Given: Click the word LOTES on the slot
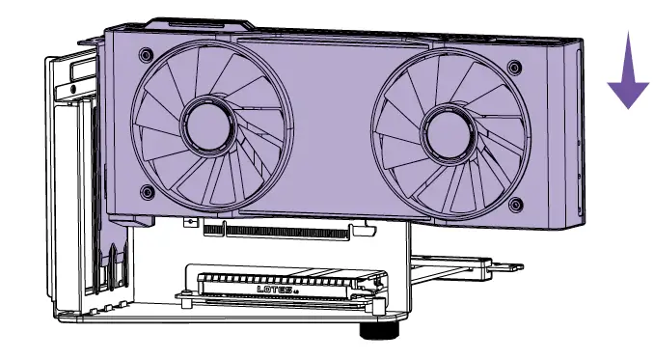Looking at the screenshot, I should (276, 288).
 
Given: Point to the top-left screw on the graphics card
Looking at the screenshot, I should (145, 54).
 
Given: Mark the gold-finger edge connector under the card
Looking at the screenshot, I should (280, 231).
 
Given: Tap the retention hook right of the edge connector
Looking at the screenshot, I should (364, 231).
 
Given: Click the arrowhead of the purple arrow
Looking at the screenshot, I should (627, 92).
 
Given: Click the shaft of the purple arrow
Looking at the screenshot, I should (627, 53).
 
